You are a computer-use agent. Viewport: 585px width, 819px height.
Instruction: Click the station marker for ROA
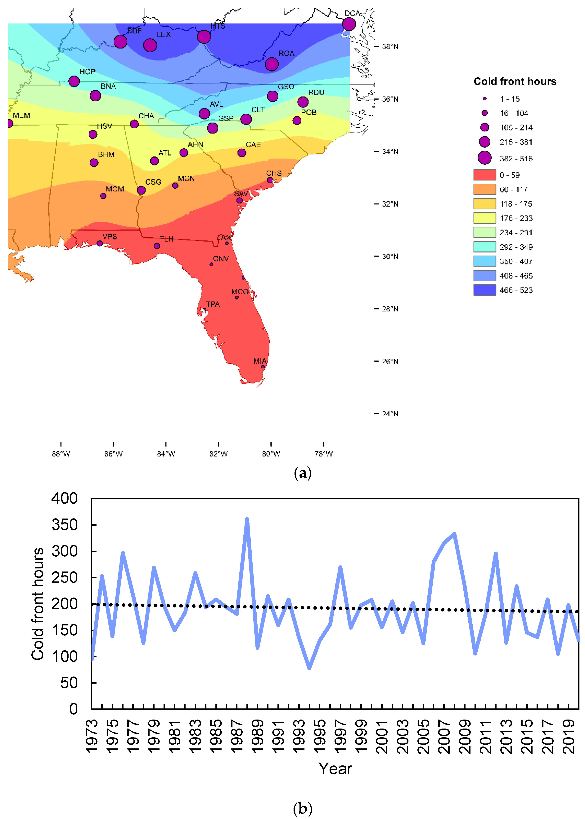tap(272, 64)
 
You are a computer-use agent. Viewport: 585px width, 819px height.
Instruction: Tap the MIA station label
tap(260, 361)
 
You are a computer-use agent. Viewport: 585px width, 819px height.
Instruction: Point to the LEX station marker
tap(150, 45)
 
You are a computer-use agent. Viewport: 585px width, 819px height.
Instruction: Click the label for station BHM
tap(106, 154)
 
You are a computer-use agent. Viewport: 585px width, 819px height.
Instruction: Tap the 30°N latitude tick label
tap(390, 256)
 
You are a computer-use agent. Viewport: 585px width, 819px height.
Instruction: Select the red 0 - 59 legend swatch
tap(484, 175)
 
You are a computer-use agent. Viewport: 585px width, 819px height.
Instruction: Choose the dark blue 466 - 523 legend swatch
tap(484, 290)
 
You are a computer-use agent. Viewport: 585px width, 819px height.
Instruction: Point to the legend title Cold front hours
tap(514, 82)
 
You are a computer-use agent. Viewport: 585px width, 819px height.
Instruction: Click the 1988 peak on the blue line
tap(247, 519)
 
